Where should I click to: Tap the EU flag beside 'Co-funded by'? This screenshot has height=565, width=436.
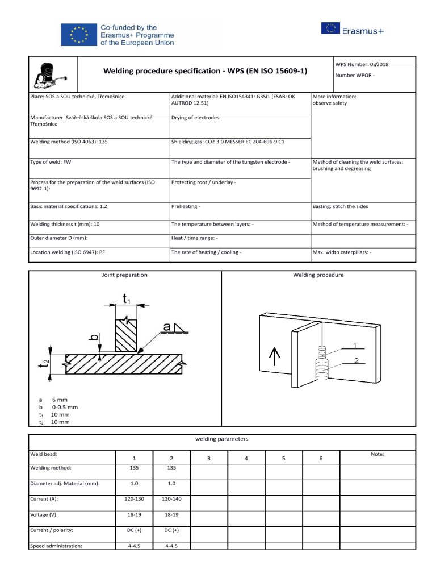[x=78, y=34]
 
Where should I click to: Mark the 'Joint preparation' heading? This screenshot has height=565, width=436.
[x=124, y=275]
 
